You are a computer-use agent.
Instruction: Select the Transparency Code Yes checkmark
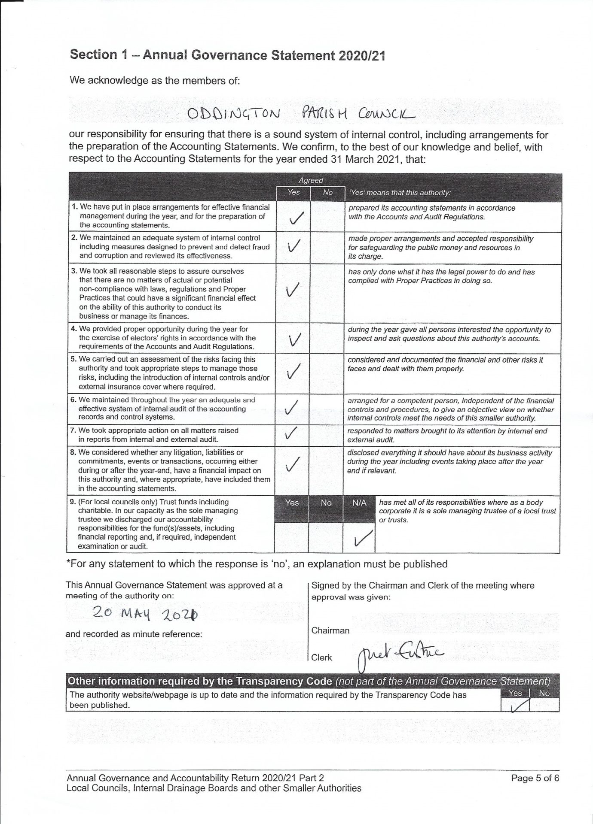pos(519,706)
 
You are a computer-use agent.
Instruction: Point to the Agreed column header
pos(311,181)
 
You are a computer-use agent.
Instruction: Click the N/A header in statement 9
pos(359,503)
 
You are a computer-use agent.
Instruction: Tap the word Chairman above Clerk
pos(330,630)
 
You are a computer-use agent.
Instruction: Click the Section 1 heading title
pos(227,55)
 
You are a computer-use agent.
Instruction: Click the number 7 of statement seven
pos(72,430)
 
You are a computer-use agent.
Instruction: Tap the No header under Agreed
pos(327,192)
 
